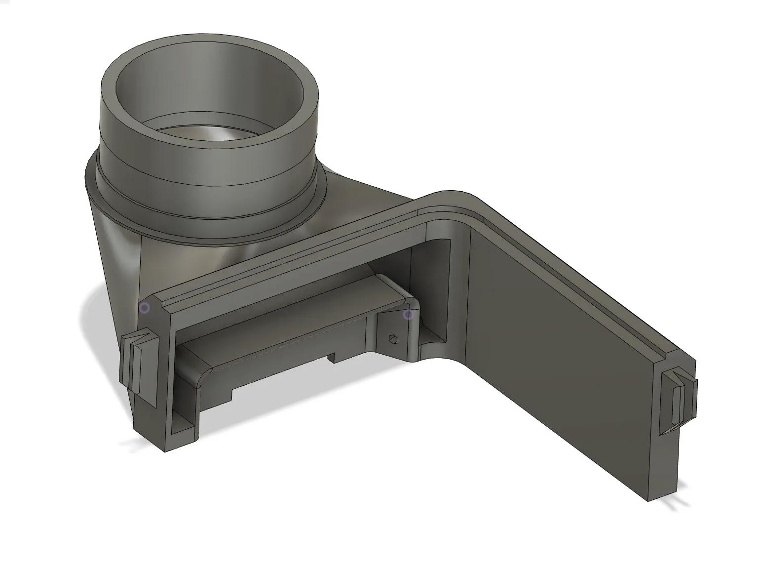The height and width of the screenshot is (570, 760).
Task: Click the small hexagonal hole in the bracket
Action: (393, 338)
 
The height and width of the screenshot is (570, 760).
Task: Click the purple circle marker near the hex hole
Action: (408, 314)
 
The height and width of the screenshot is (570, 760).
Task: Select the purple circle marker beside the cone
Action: (144, 308)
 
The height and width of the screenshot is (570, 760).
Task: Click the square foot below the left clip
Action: (151, 430)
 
